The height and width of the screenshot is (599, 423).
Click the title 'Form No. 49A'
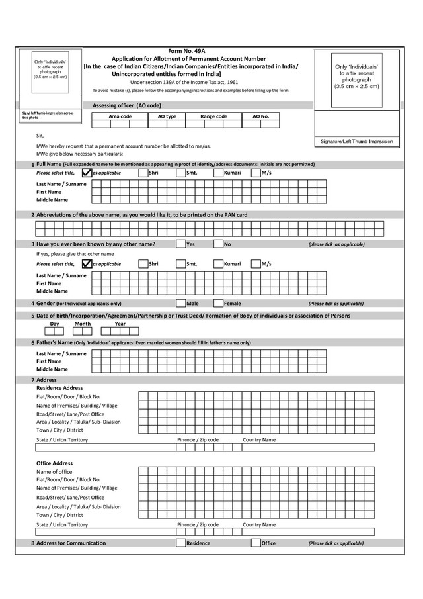[188, 51]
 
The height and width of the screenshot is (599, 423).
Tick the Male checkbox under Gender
[181, 304]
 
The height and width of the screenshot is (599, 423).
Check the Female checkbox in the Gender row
[219, 304]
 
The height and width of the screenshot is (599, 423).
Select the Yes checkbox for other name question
[181, 244]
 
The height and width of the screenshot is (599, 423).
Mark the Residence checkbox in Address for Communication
[181, 543]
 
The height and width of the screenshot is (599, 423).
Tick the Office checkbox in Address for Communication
[256, 543]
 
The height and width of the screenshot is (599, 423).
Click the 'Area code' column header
[120, 116]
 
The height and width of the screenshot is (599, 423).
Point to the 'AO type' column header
[167, 116]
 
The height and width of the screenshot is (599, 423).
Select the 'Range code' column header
[213, 116]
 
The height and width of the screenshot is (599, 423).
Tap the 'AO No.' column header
[261, 116]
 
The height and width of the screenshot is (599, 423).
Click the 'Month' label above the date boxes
[83, 324]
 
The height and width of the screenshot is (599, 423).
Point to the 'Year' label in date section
[120, 324]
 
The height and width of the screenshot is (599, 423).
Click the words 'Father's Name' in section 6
[54, 342]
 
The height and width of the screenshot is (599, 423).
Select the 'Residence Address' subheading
[59, 388]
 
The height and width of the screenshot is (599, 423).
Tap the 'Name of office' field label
[54, 471]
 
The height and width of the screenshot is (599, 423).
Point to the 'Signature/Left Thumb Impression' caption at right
[357, 142]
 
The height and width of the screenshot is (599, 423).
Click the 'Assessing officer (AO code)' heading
[127, 105]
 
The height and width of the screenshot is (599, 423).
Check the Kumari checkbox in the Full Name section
[218, 173]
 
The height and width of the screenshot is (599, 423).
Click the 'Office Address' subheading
[54, 463]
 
